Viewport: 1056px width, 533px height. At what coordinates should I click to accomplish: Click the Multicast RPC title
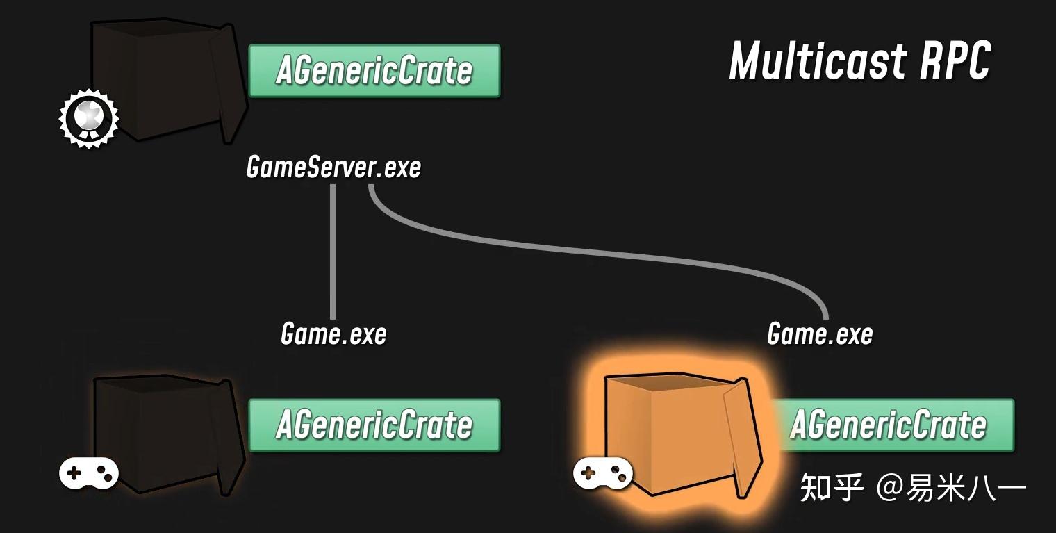tap(859, 60)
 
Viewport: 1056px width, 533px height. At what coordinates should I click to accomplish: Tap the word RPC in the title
tap(955, 60)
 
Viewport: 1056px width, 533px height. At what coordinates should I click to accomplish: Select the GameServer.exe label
tap(333, 167)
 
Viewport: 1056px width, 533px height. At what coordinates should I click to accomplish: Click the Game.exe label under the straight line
tap(333, 334)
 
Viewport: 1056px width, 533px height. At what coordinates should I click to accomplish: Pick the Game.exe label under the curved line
tap(820, 334)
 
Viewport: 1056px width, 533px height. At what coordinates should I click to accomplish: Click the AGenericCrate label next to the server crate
tap(374, 71)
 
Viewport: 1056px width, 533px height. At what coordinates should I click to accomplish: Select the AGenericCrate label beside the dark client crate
tap(374, 425)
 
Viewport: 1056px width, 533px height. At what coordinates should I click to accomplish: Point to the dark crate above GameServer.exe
tap(167, 80)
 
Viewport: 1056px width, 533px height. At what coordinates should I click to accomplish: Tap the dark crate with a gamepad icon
tap(167, 434)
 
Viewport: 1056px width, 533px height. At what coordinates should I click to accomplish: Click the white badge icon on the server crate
tap(89, 117)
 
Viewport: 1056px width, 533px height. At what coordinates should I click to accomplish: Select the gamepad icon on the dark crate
tap(88, 474)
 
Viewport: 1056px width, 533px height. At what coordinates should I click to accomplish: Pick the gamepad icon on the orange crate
tap(602, 474)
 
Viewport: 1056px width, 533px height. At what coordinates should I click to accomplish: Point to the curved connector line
tap(591, 254)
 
